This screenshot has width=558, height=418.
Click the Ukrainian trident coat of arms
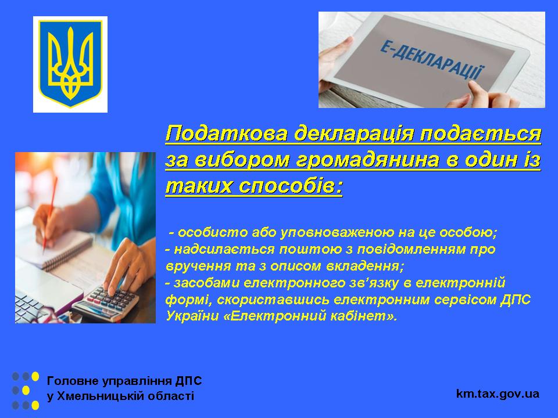pos(70,64)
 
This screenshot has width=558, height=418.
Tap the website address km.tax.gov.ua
pos(498,394)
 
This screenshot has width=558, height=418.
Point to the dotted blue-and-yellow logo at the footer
pos(26,391)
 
